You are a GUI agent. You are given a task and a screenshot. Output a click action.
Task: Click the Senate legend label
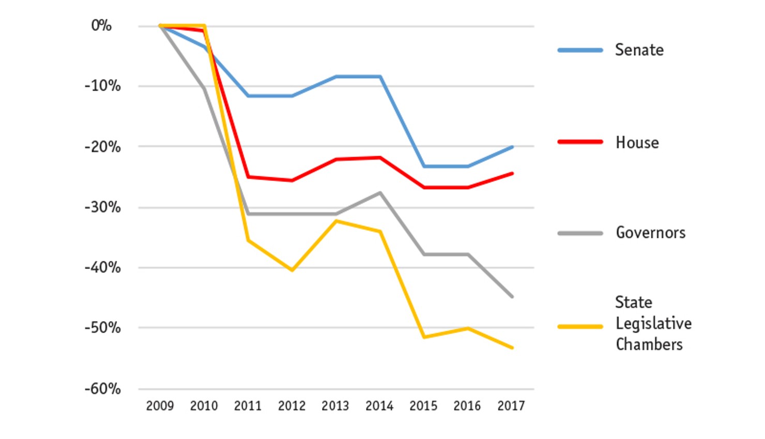[x=639, y=50]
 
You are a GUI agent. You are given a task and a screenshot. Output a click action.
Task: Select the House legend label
[x=637, y=143]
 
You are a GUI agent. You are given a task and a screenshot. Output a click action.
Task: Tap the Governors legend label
[x=650, y=233]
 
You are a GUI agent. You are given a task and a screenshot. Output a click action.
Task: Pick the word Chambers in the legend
[x=649, y=344]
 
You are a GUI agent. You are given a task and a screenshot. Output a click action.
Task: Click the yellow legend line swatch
[x=580, y=327]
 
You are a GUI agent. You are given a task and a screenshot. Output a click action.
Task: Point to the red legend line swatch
[x=580, y=142]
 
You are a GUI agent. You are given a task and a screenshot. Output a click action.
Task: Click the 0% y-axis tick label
[x=101, y=25]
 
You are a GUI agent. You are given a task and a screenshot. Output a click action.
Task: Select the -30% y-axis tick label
[x=102, y=207]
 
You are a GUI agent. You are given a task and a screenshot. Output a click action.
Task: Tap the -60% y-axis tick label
[x=102, y=389]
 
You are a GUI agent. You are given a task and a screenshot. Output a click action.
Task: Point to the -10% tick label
[x=102, y=86]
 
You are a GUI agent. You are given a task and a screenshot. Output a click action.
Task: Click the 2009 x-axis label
[x=160, y=406]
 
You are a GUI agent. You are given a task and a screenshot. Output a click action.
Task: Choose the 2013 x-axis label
[x=335, y=406]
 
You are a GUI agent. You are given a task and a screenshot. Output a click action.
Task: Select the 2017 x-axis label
[x=511, y=406]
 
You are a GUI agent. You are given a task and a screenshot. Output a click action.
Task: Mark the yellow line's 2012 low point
[x=292, y=270]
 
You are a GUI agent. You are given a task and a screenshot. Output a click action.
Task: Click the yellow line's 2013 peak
[x=336, y=221]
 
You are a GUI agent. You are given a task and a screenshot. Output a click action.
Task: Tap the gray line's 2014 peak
[x=380, y=193]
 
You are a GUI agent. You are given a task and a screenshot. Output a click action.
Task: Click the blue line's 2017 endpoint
[x=512, y=147]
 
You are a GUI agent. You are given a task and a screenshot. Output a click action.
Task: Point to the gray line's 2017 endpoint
[x=512, y=296]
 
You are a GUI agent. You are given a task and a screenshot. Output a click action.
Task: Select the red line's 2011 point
[x=248, y=177]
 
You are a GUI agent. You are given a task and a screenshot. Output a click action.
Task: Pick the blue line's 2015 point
[x=424, y=166]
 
